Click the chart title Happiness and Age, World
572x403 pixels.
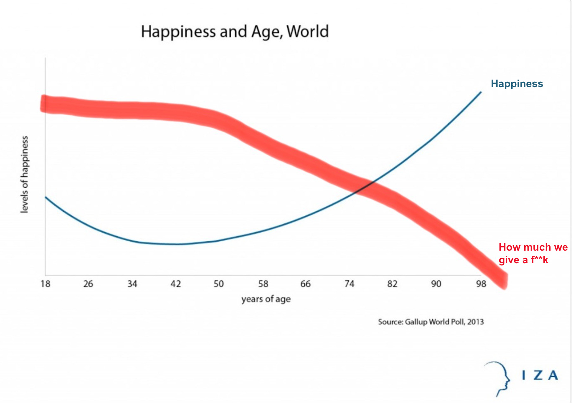click(x=235, y=32)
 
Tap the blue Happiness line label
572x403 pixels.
click(x=517, y=84)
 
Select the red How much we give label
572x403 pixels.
click(x=533, y=253)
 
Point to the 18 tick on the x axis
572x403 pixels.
click(x=45, y=284)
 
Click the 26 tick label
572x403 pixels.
click(x=88, y=284)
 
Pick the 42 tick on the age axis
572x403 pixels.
click(x=175, y=284)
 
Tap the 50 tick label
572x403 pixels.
click(x=219, y=284)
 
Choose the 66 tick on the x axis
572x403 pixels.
click(x=305, y=284)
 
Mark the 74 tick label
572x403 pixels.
click(x=349, y=284)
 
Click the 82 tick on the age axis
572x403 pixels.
click(x=392, y=284)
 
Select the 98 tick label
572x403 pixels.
click(x=481, y=284)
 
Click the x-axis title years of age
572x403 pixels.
click(x=266, y=299)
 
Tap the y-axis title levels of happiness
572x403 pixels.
click(x=24, y=174)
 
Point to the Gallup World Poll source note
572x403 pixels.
click(x=431, y=322)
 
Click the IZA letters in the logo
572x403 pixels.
click(x=540, y=375)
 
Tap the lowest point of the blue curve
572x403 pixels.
click(x=177, y=244)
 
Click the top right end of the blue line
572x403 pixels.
click(x=480, y=93)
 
